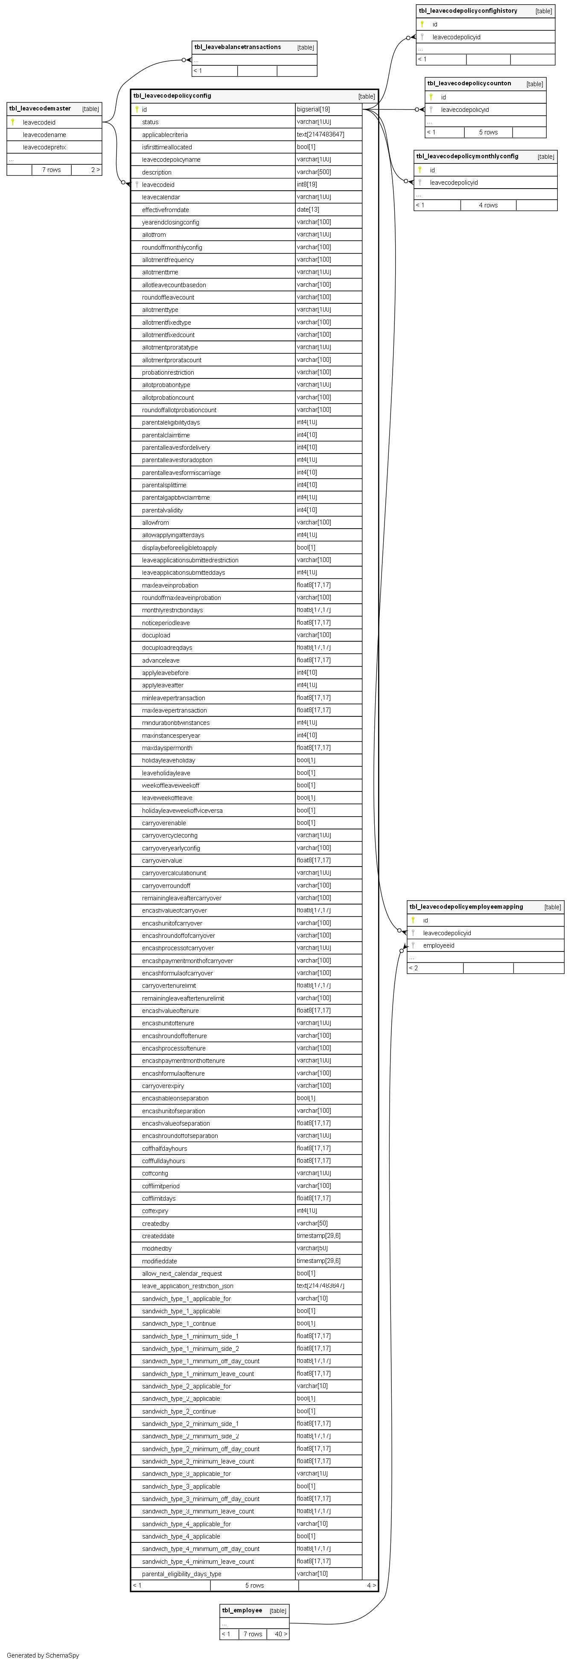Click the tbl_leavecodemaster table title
[40, 108]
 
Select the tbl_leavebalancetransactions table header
[237, 47]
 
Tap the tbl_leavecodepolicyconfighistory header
[468, 11]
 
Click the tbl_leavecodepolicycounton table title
[469, 83]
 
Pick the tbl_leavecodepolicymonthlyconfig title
[467, 156]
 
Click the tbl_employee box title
[242, 1610]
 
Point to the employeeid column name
[439, 945]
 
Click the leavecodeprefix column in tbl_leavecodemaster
[44, 147]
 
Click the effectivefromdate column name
[165, 210]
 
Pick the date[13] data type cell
[308, 209]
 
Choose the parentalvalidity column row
[162, 510]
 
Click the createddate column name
[158, 1236]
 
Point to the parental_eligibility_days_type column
[181, 1574]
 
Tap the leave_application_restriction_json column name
[187, 1286]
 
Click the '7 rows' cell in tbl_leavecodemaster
[52, 170]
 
